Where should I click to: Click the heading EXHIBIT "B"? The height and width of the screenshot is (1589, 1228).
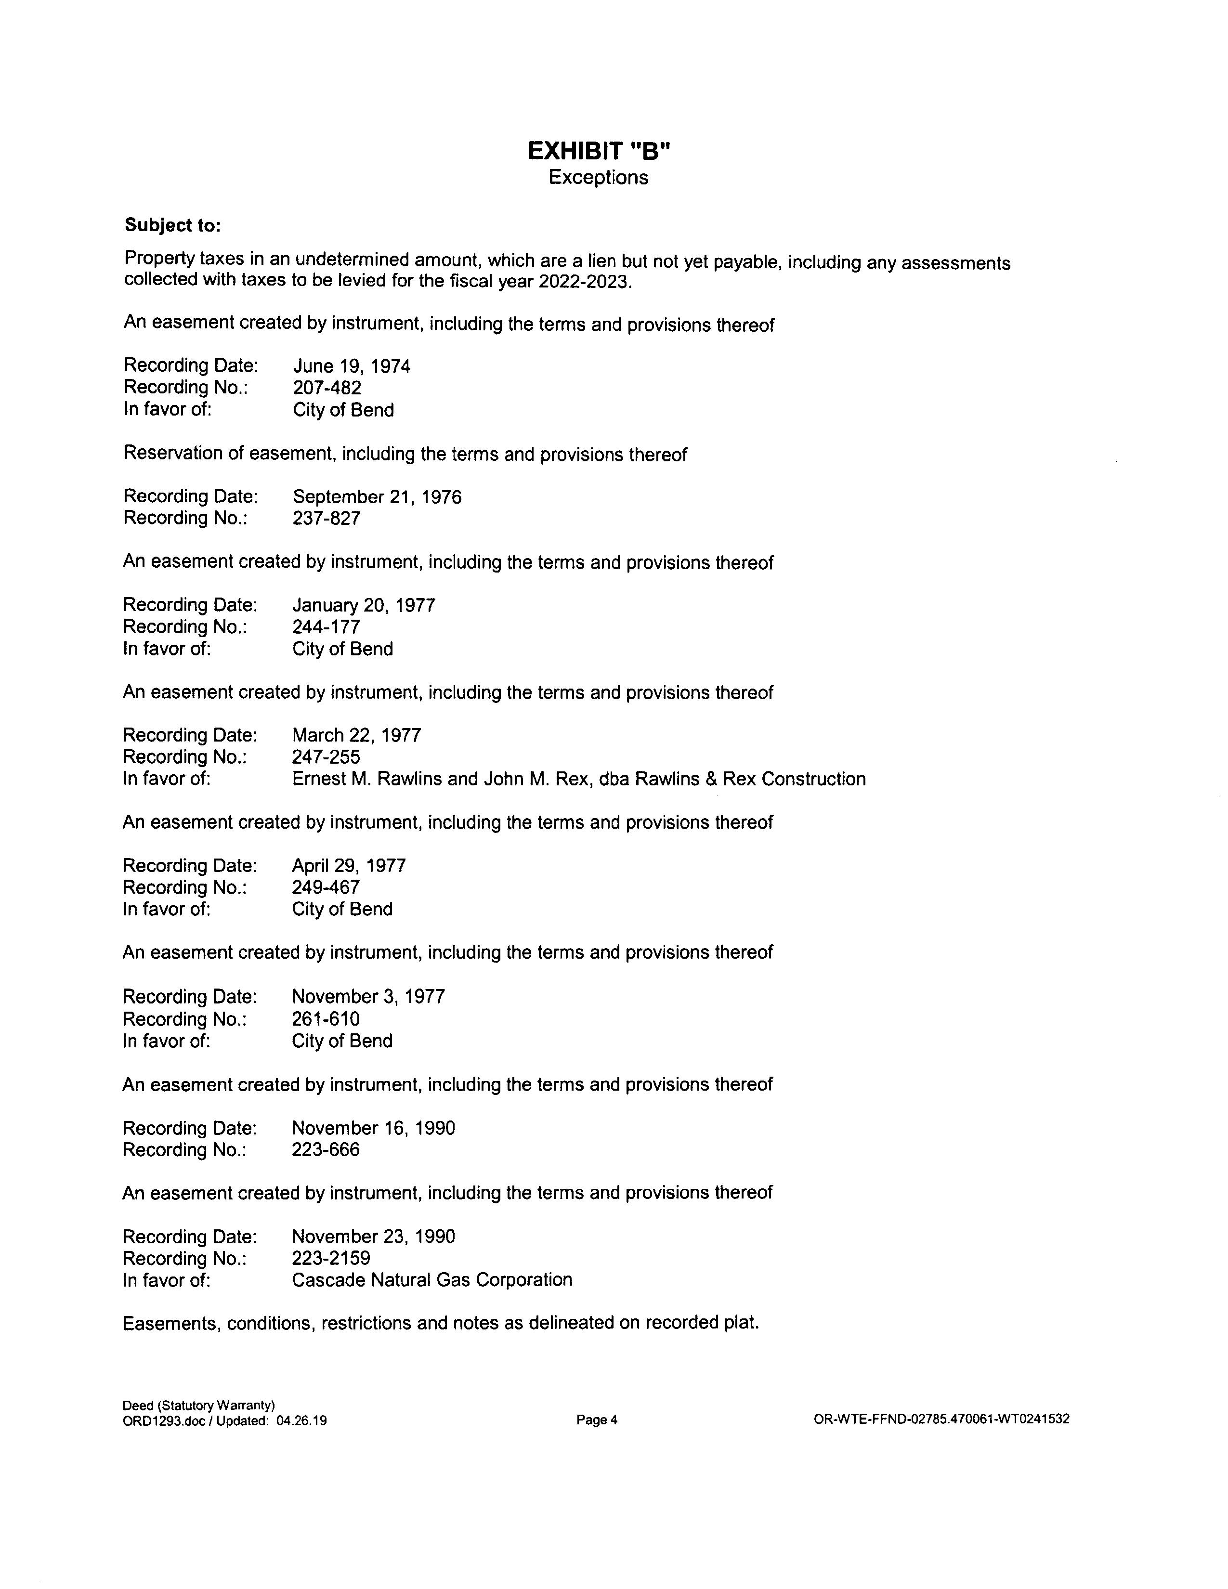pyautogui.click(x=598, y=151)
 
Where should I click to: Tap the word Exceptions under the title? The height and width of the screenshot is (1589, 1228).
pyautogui.click(x=598, y=178)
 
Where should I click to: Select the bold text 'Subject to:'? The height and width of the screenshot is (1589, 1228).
pyautogui.click(x=172, y=225)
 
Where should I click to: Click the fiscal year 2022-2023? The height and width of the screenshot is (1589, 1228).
pyautogui.click(x=582, y=282)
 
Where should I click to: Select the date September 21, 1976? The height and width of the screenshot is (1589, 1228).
pyautogui.click(x=377, y=497)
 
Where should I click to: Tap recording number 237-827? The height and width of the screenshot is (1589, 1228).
pyautogui.click(x=326, y=518)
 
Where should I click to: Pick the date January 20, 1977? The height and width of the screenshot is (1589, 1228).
pyautogui.click(x=364, y=605)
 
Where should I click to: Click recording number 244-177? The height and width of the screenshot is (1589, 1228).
pyautogui.click(x=326, y=626)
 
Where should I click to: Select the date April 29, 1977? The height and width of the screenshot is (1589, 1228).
pyautogui.click(x=349, y=866)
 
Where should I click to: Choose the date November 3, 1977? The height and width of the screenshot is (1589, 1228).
pyautogui.click(x=368, y=996)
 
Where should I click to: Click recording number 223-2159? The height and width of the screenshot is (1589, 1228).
pyautogui.click(x=330, y=1258)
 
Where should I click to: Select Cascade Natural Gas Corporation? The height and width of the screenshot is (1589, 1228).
pyautogui.click(x=431, y=1280)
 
